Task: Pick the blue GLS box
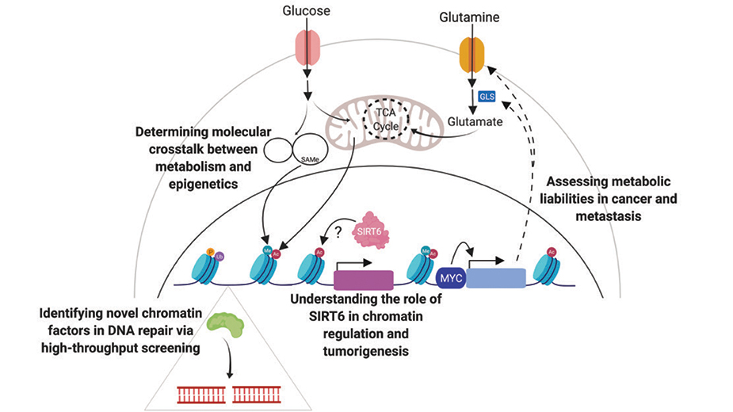(488, 97)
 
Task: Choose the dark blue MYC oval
(448, 279)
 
